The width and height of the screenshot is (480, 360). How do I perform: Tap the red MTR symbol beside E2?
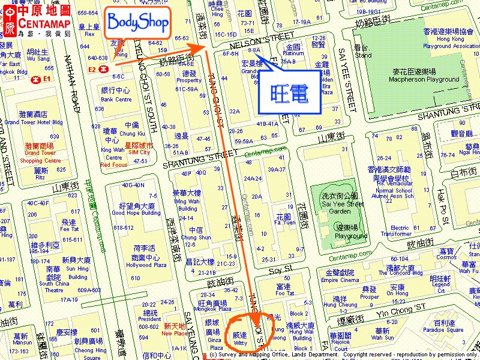[106, 69]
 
